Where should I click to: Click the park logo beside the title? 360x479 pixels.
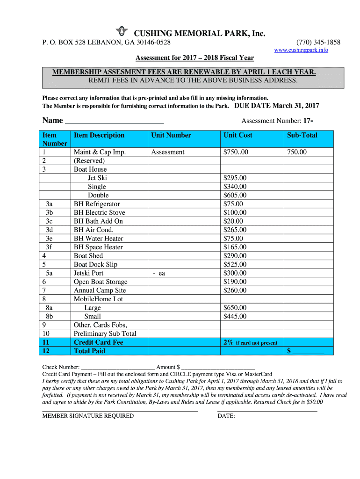[x=122, y=31]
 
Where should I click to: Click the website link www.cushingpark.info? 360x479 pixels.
[x=301, y=50]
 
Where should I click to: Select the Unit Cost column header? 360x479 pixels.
[x=238, y=135]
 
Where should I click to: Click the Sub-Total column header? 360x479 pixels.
[x=302, y=135]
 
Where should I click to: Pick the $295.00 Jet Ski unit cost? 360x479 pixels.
[x=235, y=178]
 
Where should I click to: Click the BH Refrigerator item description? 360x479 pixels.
[x=97, y=204]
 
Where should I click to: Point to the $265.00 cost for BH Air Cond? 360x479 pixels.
[x=235, y=230]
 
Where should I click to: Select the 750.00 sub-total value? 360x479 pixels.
[x=297, y=152]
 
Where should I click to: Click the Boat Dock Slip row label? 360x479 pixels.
[x=95, y=264]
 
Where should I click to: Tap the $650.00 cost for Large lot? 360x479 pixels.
[x=235, y=308]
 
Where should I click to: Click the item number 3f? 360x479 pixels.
[x=49, y=247]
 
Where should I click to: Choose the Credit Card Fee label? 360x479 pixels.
[x=98, y=342]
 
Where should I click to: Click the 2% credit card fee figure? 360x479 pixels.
[x=228, y=342]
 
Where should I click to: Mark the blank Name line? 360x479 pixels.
[x=114, y=121]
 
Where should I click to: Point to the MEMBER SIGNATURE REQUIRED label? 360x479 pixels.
[x=88, y=416]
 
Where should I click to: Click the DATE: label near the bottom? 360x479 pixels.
[x=226, y=416]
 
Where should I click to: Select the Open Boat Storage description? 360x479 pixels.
[x=101, y=282]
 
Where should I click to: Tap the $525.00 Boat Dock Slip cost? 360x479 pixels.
[x=235, y=264]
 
